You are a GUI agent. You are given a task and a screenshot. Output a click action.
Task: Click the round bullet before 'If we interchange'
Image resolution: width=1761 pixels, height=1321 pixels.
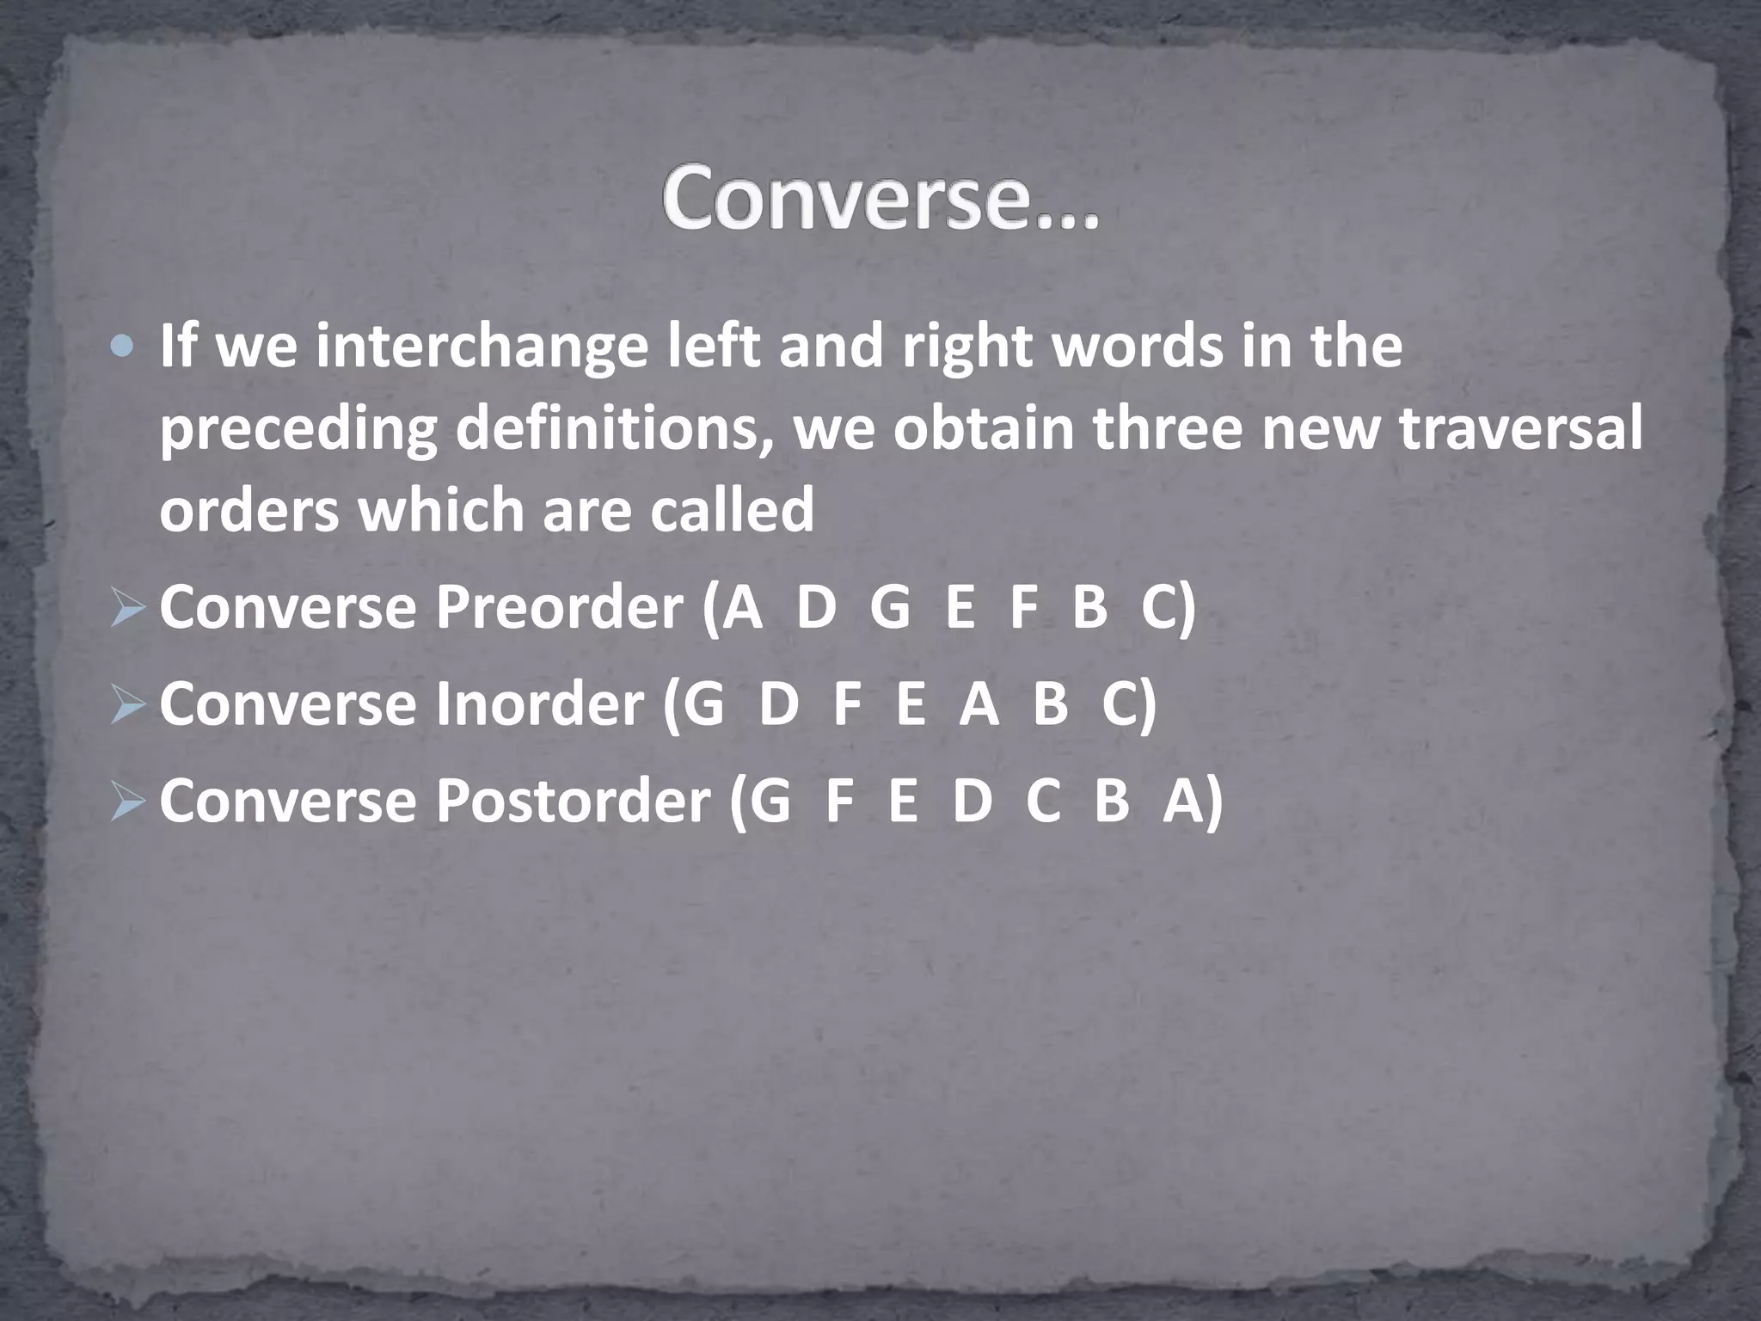click(123, 347)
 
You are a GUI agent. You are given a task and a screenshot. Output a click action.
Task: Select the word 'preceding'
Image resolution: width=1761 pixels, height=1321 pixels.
click(298, 428)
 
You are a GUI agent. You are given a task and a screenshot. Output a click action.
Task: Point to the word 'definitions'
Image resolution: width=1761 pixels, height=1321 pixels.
click(616, 428)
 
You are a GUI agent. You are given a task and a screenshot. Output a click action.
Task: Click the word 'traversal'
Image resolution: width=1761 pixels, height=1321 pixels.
click(1520, 428)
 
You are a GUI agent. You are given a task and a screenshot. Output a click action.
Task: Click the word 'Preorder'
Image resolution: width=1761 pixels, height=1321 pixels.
click(558, 608)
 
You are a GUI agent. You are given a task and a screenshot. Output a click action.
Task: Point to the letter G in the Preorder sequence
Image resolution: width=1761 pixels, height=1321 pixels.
click(889, 608)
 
